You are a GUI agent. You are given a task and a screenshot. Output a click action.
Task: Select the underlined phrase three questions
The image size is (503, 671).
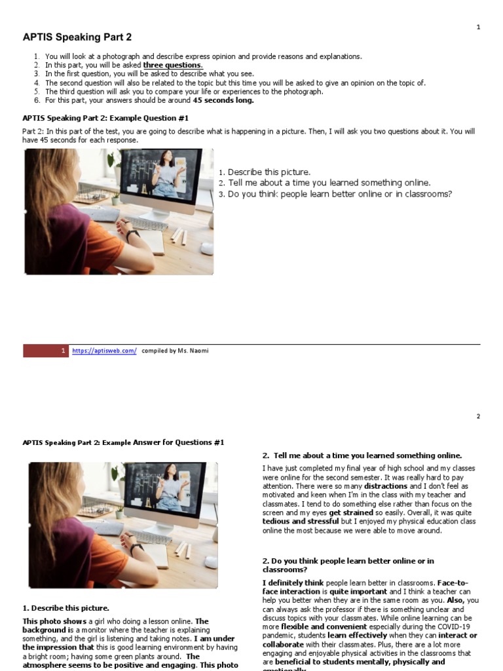[x=173, y=66]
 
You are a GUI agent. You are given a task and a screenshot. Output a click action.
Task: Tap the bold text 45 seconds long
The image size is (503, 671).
[x=223, y=100]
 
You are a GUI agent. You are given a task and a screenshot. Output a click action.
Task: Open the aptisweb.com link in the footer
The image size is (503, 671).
[x=104, y=351]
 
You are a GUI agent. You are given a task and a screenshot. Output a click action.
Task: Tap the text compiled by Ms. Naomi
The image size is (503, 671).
[x=176, y=351]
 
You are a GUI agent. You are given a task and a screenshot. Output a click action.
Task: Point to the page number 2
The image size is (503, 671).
[x=477, y=416]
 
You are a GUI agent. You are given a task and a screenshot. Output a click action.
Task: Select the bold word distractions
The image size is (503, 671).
[x=386, y=486]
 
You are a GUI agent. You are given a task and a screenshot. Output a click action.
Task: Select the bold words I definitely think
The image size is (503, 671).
[x=293, y=583]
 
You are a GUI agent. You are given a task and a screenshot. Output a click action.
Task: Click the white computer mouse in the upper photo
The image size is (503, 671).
[x=206, y=248]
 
